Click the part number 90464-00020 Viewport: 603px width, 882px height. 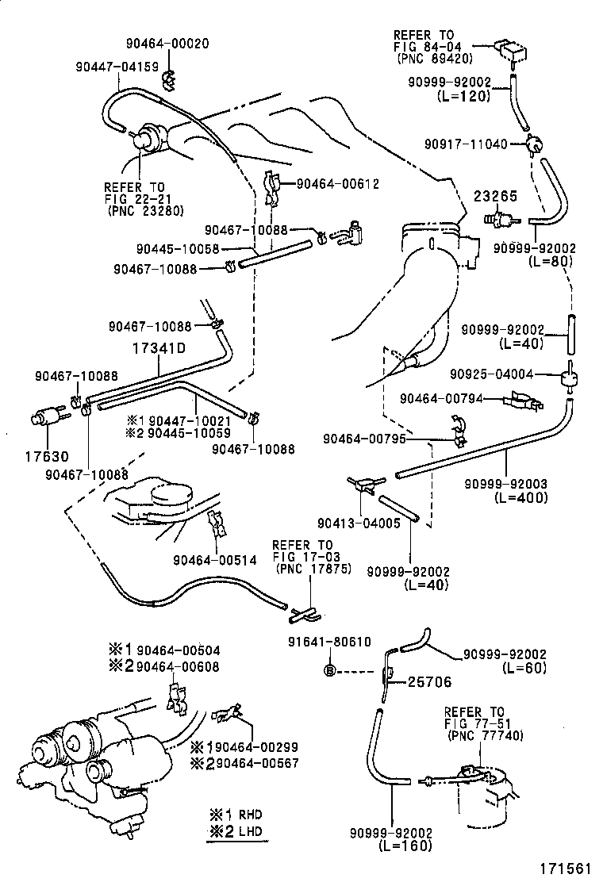[167, 44]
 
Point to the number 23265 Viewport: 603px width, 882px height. [497, 194]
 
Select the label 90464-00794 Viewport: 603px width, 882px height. [440, 398]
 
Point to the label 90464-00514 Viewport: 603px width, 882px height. [215, 560]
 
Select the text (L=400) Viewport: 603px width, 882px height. [520, 497]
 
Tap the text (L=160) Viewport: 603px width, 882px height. [405, 846]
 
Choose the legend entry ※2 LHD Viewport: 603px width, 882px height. [236, 831]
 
